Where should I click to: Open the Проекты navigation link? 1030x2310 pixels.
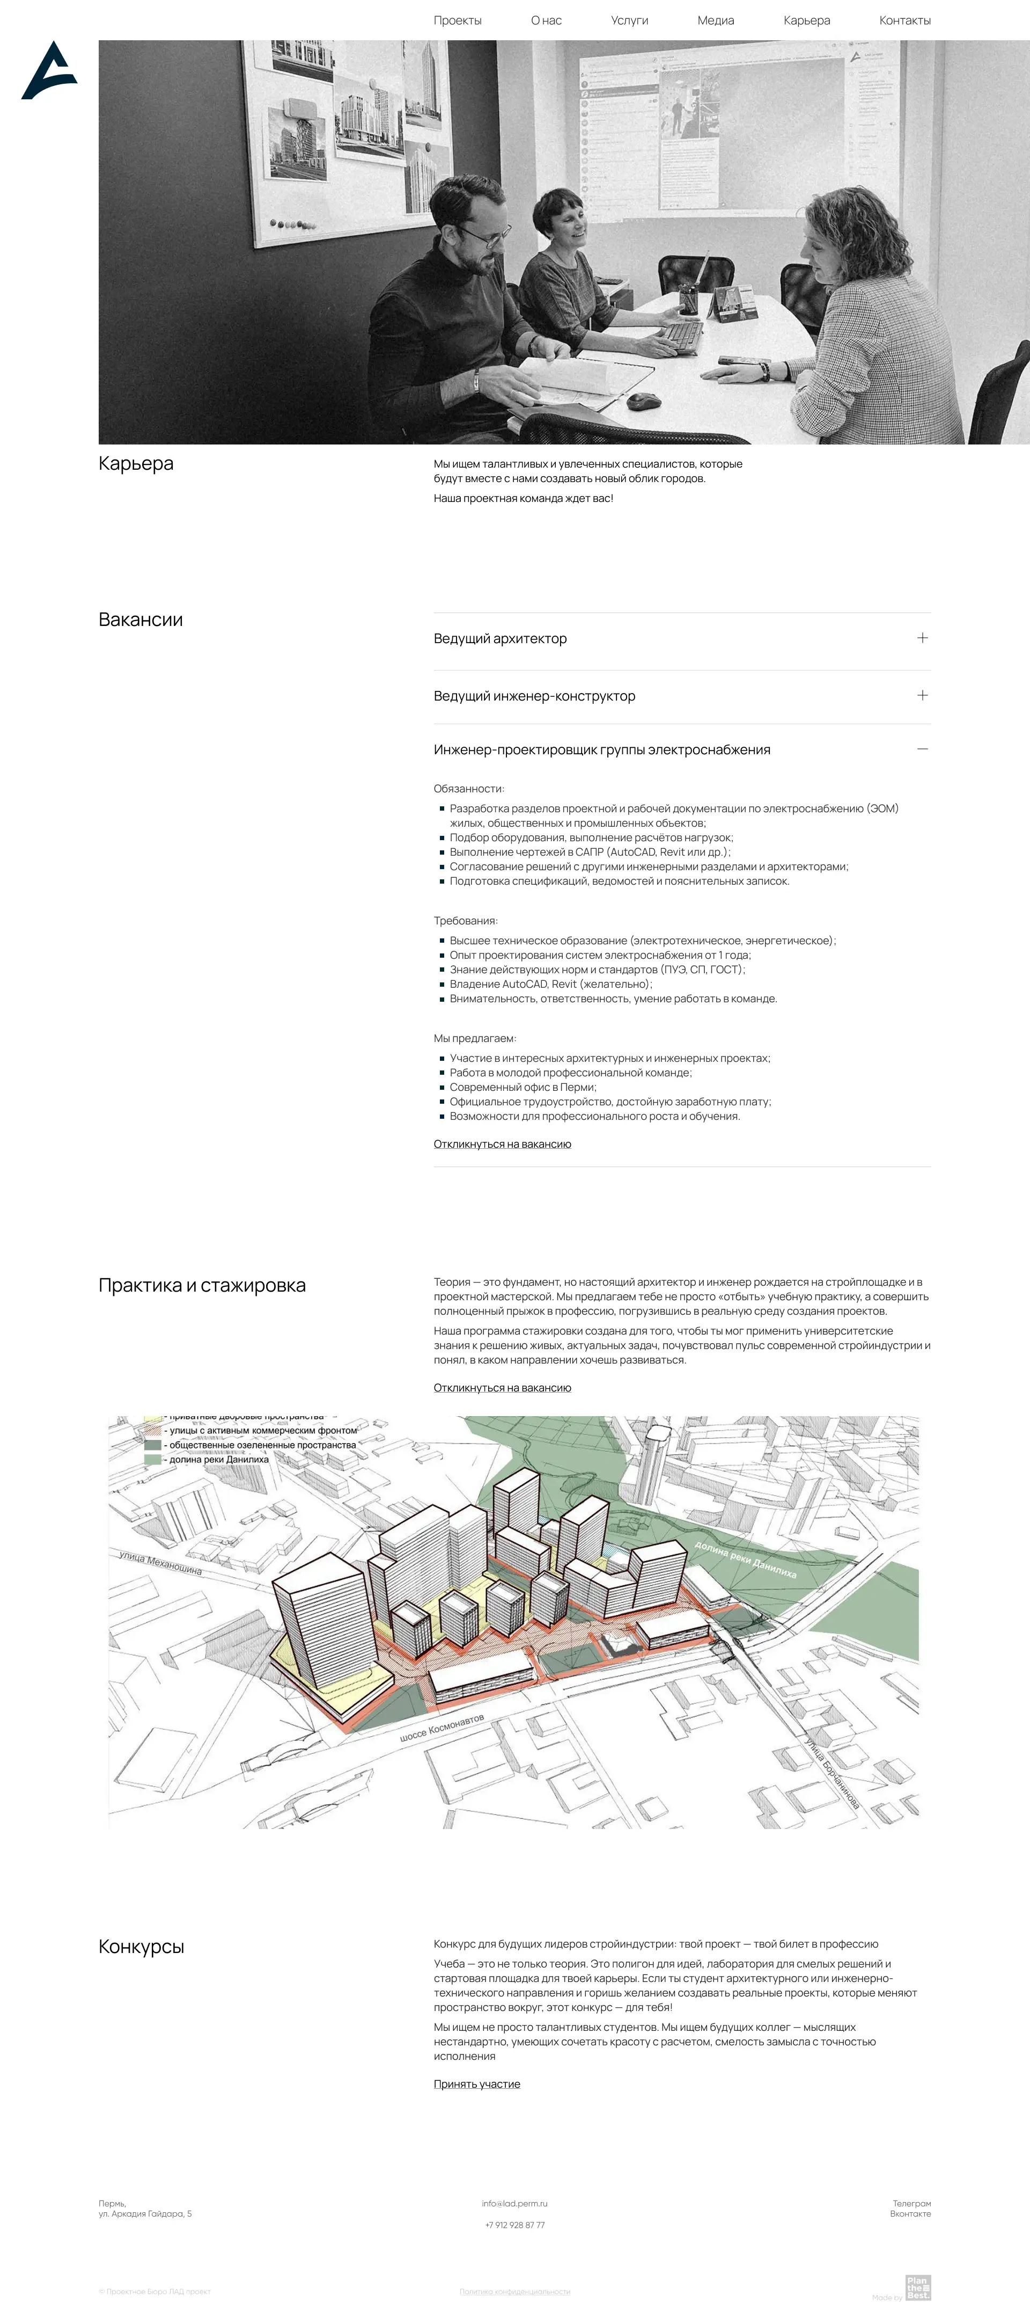(457, 20)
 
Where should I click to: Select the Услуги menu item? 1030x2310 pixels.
(629, 20)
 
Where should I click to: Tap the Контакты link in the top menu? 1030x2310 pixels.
(904, 20)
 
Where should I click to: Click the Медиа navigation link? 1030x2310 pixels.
(715, 20)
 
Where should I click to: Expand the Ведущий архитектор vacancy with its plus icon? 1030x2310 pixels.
(922, 638)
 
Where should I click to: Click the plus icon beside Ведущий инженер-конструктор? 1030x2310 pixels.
(922, 695)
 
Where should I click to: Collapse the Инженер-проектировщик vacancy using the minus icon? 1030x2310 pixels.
(922, 749)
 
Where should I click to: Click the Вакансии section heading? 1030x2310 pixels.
(141, 620)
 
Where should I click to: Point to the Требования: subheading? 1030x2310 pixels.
(465, 920)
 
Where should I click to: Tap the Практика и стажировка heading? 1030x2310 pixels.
(202, 1285)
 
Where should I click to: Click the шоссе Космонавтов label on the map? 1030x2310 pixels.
(442, 1727)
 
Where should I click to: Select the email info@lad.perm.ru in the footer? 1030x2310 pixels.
(514, 2203)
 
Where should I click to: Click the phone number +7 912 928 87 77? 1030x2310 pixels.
(514, 2225)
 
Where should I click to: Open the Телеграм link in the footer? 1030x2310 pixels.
(911, 2203)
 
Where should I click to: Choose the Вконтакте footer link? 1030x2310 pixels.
(910, 2214)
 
